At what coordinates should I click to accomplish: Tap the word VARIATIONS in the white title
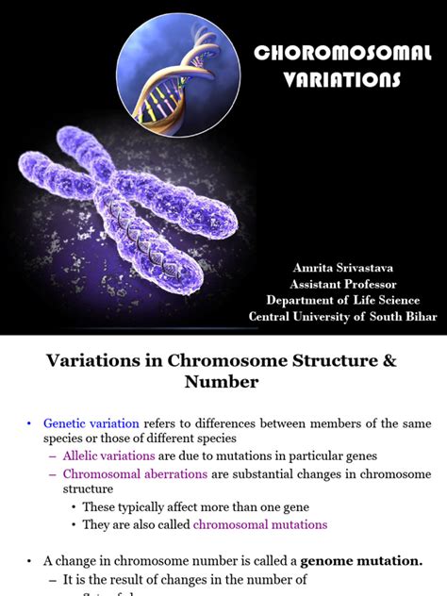[x=341, y=80]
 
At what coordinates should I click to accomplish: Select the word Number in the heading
[x=223, y=382]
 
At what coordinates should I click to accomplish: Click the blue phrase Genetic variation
[x=91, y=423]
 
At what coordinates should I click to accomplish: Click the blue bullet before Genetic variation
[x=30, y=423]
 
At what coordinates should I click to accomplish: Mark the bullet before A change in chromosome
[x=30, y=560]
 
